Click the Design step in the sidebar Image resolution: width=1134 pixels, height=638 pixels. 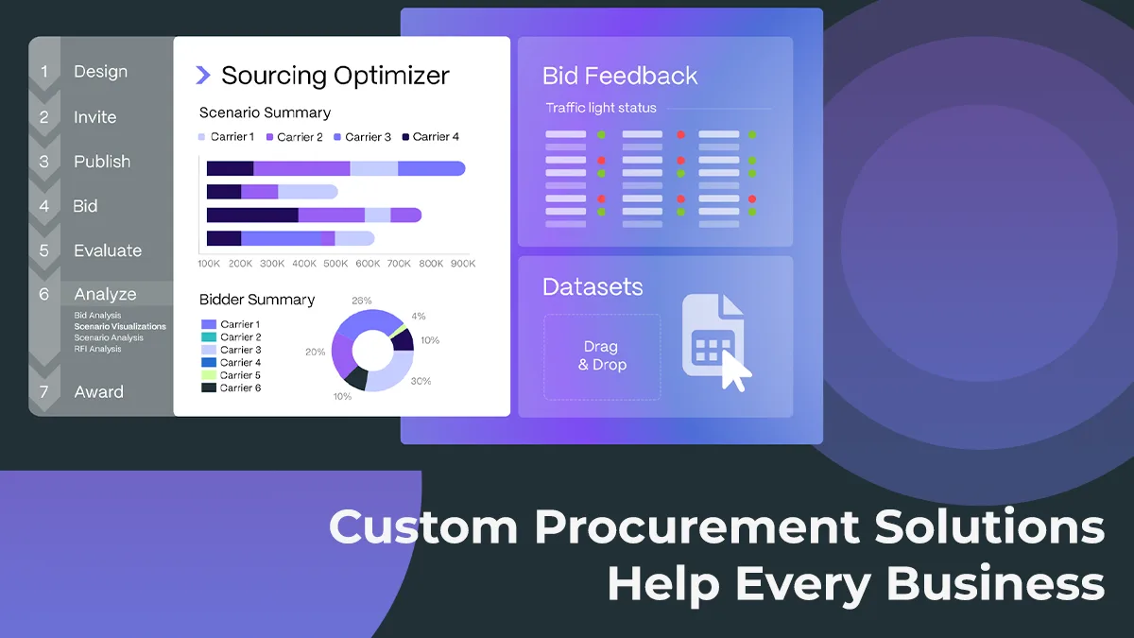click(x=100, y=72)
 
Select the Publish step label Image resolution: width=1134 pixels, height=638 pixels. click(x=102, y=162)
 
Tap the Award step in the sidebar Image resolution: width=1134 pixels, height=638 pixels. click(x=98, y=392)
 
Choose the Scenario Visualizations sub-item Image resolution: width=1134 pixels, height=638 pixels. click(x=120, y=327)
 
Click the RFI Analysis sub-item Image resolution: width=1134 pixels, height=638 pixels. click(x=97, y=349)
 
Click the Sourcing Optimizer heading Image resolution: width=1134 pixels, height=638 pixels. click(x=335, y=76)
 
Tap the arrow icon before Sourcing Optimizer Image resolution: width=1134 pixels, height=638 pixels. click(x=202, y=76)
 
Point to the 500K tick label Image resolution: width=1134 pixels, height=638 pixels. click(x=335, y=264)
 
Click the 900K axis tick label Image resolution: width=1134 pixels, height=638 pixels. click(x=462, y=264)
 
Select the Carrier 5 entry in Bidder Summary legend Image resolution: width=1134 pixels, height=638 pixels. click(x=240, y=375)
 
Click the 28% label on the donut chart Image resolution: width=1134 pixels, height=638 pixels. click(x=361, y=300)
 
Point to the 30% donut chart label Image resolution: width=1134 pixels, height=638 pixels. click(x=421, y=381)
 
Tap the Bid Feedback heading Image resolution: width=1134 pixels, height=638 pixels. click(x=620, y=77)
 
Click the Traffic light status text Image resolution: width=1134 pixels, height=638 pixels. click(x=601, y=108)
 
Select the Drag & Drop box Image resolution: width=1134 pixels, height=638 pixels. click(x=602, y=357)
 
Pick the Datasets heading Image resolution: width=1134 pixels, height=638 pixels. click(x=593, y=287)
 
